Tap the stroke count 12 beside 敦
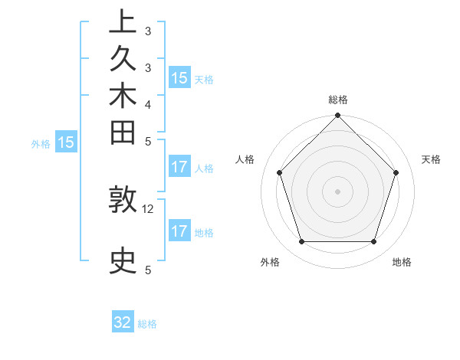point(148,208)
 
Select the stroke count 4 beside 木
point(148,104)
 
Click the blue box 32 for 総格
point(123,322)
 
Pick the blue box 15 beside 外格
point(66,142)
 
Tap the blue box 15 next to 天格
point(179,77)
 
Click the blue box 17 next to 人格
point(179,167)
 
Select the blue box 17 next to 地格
point(179,231)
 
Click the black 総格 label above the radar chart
point(338,100)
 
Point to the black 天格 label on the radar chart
point(431,159)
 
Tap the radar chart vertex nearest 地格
point(373,242)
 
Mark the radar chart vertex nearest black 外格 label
point(301,242)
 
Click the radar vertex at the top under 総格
point(337,116)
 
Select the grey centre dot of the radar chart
point(337,191)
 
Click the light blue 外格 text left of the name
point(41,142)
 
